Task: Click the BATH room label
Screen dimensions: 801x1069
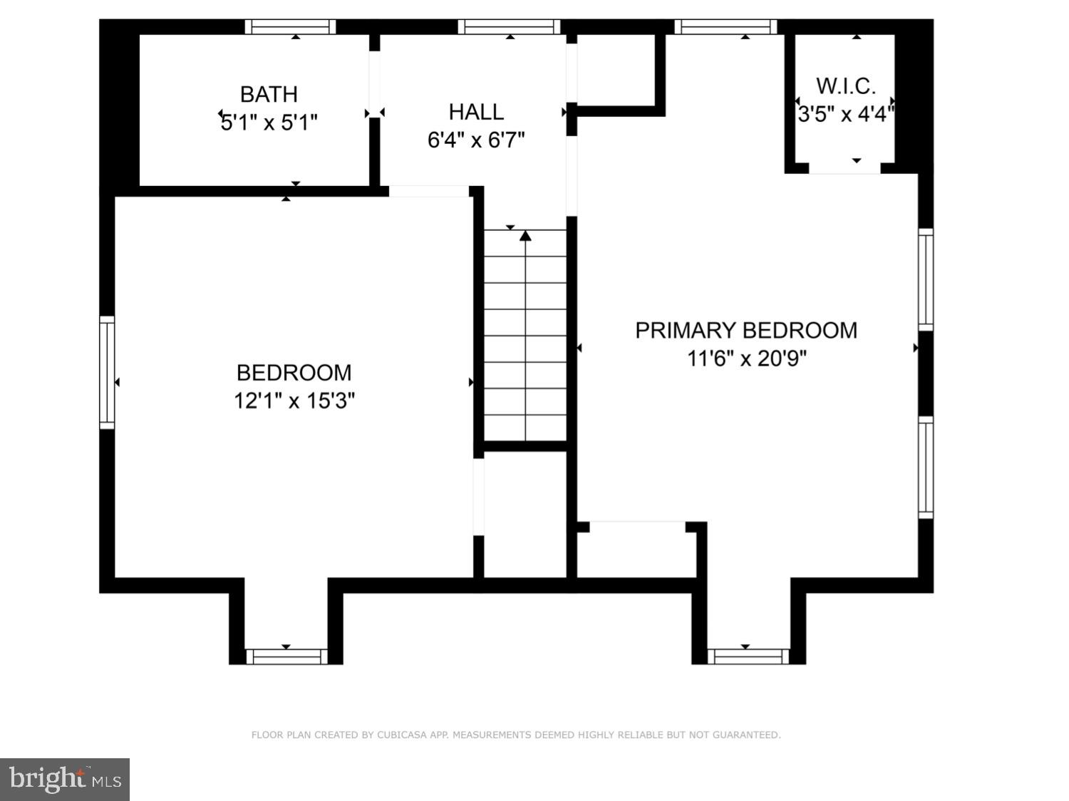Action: point(269,94)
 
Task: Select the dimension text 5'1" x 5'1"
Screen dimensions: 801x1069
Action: point(269,123)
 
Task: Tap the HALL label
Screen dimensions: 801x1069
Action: point(476,112)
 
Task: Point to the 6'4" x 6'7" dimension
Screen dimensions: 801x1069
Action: point(476,140)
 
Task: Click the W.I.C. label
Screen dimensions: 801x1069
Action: point(845,86)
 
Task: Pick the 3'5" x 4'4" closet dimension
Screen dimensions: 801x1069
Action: point(845,114)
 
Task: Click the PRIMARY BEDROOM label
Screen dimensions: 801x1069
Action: point(746,331)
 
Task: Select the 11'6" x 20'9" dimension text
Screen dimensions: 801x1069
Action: point(746,358)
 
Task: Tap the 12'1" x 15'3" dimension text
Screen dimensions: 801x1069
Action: point(294,401)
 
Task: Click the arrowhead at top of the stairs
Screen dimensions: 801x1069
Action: point(526,236)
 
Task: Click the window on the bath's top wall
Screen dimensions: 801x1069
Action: point(290,27)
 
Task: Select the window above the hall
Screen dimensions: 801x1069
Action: point(510,27)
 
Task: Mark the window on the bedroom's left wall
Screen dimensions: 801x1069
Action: point(107,372)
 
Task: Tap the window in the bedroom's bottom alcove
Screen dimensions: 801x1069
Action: point(286,656)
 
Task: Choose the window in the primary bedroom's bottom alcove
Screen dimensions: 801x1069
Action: point(748,656)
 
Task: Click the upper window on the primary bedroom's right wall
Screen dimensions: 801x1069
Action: point(925,279)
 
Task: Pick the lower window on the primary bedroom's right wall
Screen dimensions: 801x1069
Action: point(925,467)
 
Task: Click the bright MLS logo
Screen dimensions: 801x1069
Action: point(65,780)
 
